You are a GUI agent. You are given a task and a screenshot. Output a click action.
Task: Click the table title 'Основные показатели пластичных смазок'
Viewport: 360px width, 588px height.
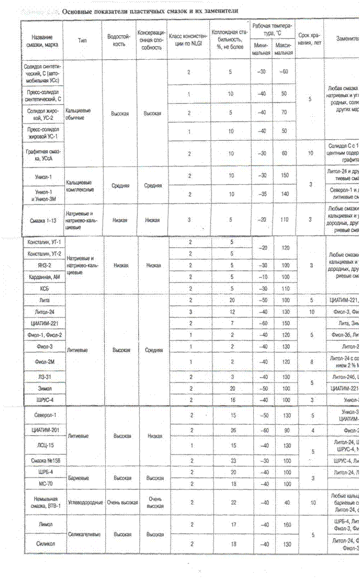tap(148, 11)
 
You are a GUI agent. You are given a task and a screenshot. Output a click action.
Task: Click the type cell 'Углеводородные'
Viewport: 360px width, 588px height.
tap(83, 501)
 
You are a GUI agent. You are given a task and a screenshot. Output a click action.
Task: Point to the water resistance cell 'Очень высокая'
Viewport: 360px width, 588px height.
tap(118, 501)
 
